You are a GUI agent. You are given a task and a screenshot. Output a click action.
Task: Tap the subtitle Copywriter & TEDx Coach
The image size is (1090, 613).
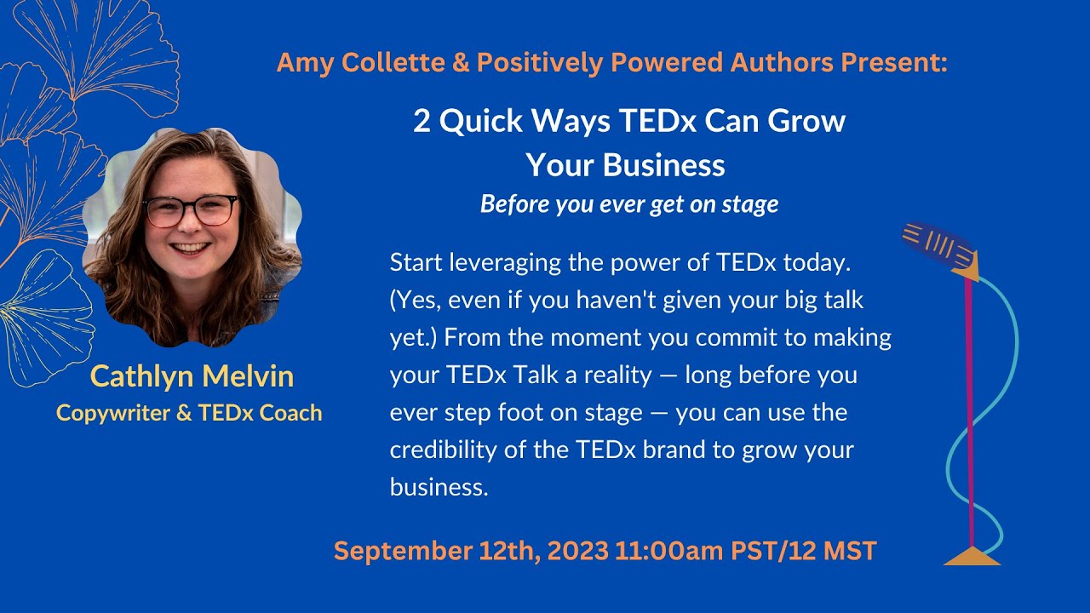(x=189, y=413)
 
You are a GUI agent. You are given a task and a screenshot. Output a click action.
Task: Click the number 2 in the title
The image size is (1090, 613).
(x=422, y=121)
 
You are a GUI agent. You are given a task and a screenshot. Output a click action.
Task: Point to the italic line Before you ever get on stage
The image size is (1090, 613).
(x=629, y=204)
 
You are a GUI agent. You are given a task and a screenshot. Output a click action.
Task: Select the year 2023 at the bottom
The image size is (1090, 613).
(x=578, y=551)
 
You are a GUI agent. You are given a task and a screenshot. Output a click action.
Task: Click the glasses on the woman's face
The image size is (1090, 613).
(x=191, y=210)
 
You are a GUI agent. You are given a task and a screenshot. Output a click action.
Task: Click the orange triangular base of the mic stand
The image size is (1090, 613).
(x=972, y=556)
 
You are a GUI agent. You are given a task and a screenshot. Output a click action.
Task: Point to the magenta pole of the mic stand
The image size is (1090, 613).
(x=970, y=409)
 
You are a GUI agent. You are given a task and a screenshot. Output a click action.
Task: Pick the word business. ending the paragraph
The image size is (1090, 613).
(x=439, y=487)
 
